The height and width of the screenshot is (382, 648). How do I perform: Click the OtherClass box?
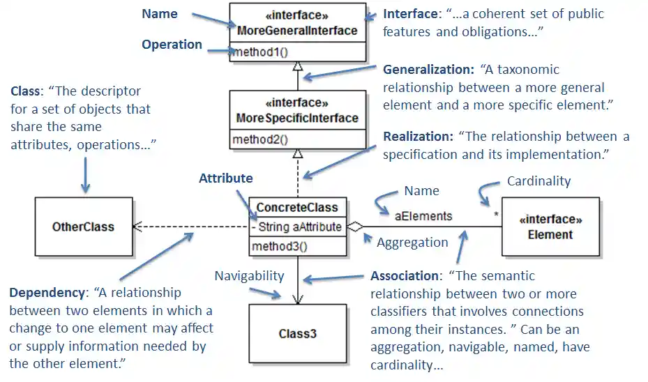(x=83, y=227)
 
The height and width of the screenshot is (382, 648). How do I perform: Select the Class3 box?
(x=298, y=333)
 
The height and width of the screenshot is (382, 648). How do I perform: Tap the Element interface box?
(x=550, y=227)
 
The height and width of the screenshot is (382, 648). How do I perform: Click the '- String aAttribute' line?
(x=297, y=227)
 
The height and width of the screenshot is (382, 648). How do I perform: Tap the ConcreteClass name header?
(x=297, y=207)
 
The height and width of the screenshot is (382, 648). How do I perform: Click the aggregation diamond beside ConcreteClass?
(x=355, y=227)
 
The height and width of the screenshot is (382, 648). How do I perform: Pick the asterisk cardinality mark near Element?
(x=496, y=215)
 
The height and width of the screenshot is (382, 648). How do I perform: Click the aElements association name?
(x=423, y=215)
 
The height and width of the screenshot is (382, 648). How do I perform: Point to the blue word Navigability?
(x=249, y=275)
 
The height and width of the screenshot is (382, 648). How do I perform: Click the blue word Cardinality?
(x=538, y=181)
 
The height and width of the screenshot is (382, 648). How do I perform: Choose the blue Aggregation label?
(x=412, y=243)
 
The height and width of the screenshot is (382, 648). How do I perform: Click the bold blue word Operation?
(x=172, y=45)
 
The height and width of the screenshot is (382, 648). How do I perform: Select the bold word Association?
(x=405, y=275)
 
